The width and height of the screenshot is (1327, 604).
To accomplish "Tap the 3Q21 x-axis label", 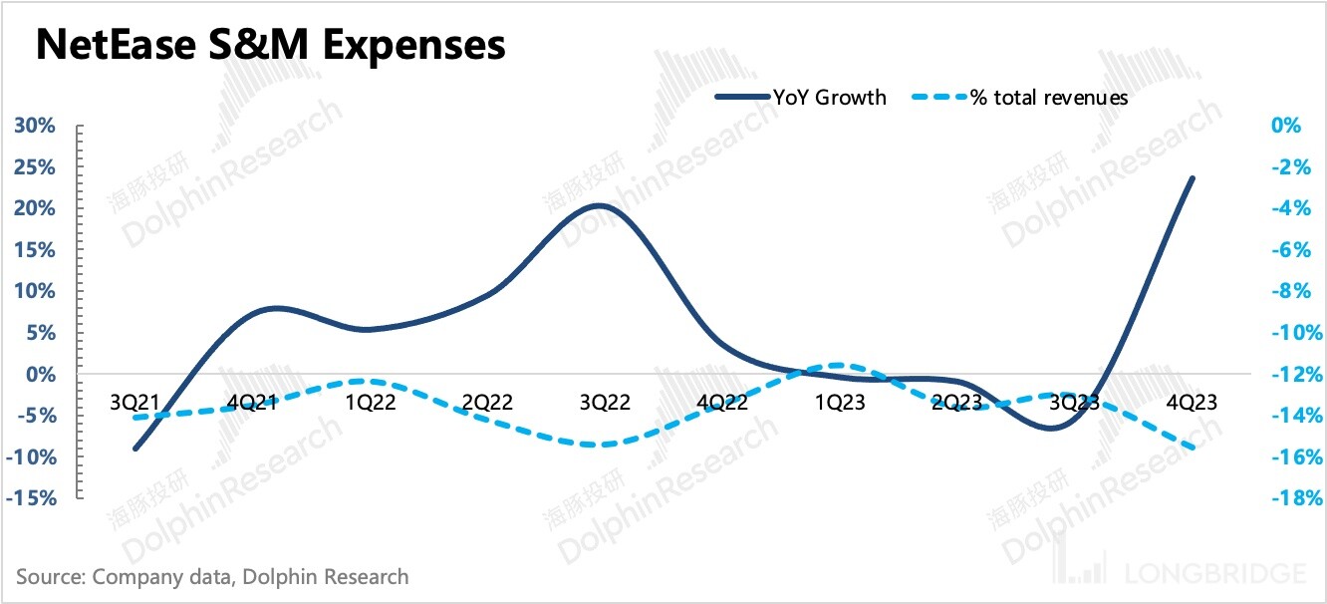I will [x=135, y=402].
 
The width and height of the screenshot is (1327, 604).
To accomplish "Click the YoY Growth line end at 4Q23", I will [x=1194, y=177].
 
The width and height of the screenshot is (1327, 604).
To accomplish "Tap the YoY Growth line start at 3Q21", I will [x=134, y=449].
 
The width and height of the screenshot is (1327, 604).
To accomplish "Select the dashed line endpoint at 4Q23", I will [x=1194, y=449].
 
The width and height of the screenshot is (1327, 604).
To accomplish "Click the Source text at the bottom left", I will [x=212, y=576].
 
